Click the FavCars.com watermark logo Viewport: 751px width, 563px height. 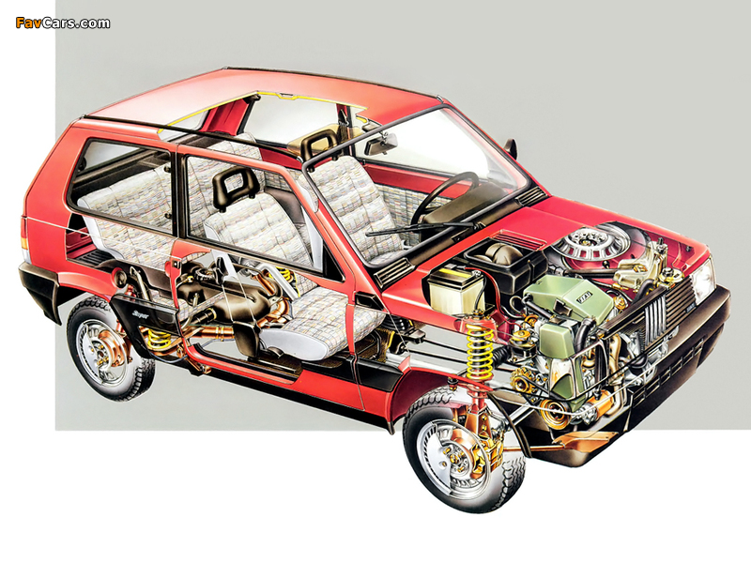pyautogui.click(x=63, y=23)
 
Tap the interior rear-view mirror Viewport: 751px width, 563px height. pyautogui.click(x=382, y=144)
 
